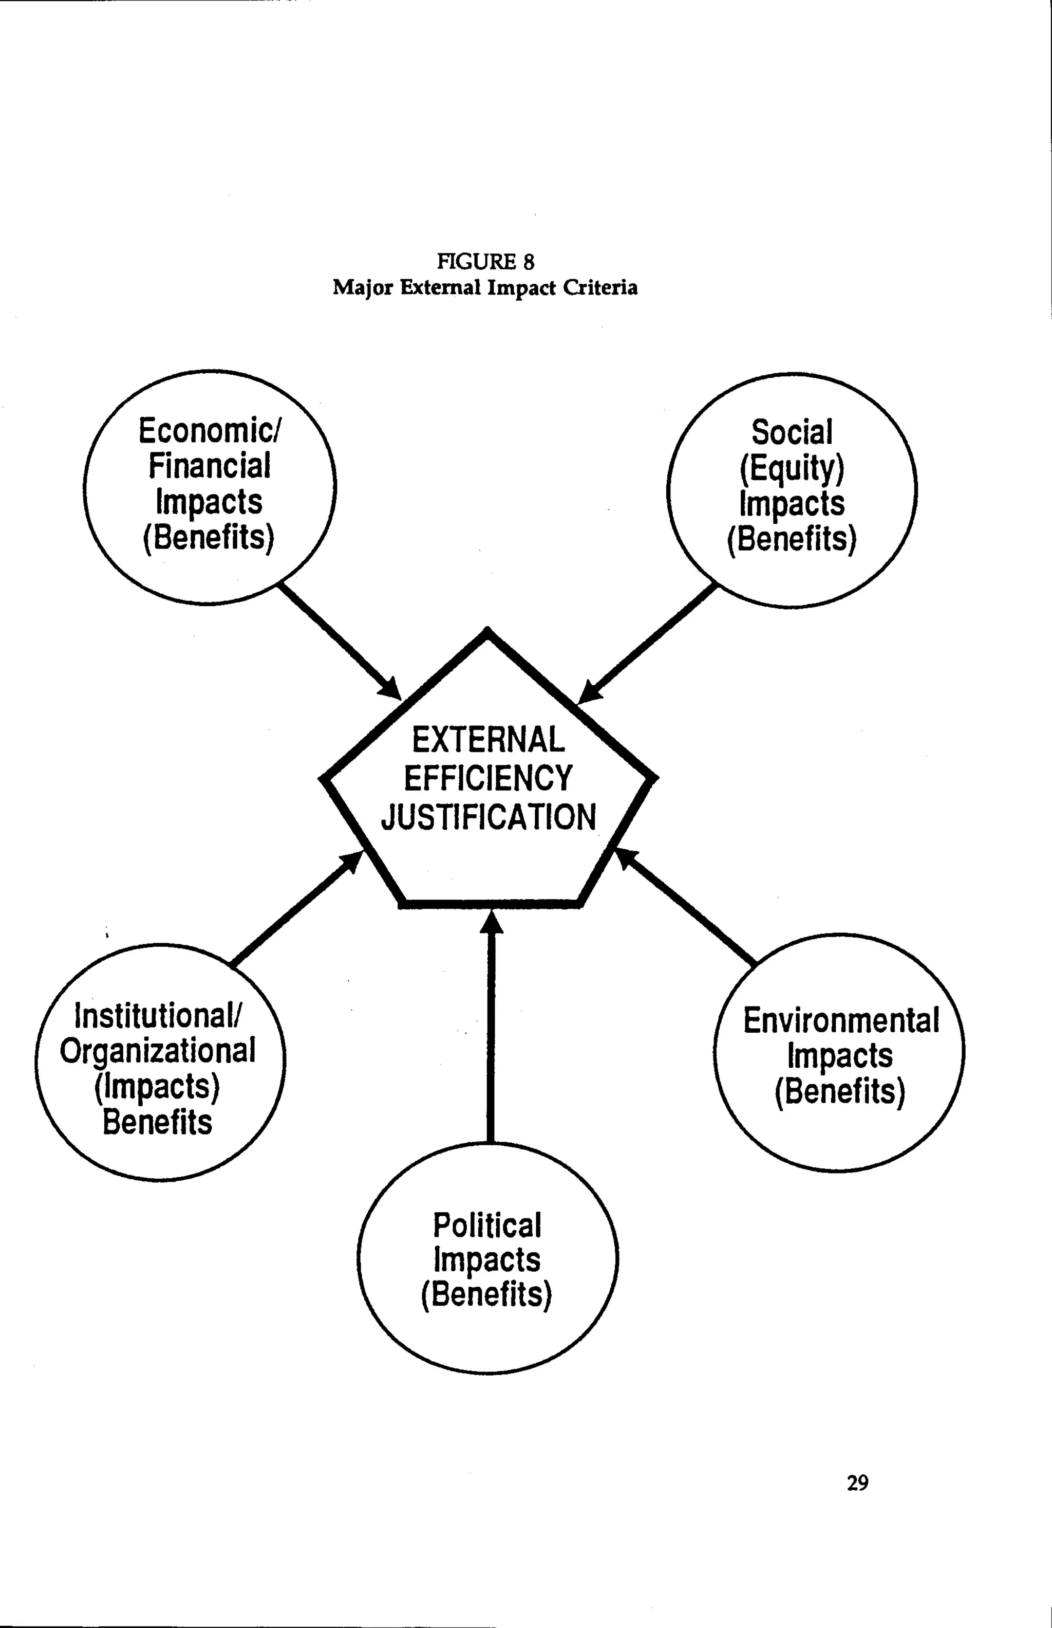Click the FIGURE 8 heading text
(x=486, y=261)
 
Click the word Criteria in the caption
(x=600, y=288)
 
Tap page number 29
(x=857, y=1483)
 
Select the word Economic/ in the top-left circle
(x=210, y=431)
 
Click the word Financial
(x=210, y=467)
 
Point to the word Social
(x=792, y=433)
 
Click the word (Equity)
(x=792, y=468)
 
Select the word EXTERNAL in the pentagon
(x=488, y=740)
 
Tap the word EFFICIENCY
(x=488, y=778)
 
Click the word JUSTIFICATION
(x=488, y=817)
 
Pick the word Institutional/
(x=158, y=1016)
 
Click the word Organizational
(x=158, y=1051)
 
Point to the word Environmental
(x=840, y=1020)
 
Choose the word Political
(x=486, y=1225)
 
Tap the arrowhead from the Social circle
(x=588, y=693)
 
